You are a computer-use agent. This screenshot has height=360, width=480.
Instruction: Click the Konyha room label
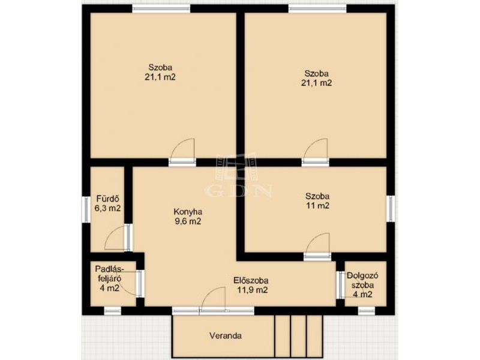188,212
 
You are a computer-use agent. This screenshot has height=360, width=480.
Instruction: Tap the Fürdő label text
107,199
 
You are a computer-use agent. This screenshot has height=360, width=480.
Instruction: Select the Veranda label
226,336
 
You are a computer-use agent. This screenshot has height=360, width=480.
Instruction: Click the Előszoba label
251,280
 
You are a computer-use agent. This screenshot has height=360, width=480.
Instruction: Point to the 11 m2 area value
317,206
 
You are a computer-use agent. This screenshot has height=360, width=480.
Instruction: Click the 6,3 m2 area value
107,208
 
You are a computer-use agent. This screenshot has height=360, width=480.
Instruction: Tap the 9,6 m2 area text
188,221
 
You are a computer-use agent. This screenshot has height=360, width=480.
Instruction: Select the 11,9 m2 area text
253,290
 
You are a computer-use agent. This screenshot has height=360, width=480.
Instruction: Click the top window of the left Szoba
161,8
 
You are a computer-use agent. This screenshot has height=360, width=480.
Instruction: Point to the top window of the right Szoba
317,8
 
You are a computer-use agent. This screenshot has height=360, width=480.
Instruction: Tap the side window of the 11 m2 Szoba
391,209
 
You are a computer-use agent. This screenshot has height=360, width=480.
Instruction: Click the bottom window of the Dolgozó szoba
367,311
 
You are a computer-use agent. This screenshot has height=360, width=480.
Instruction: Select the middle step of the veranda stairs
298,336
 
